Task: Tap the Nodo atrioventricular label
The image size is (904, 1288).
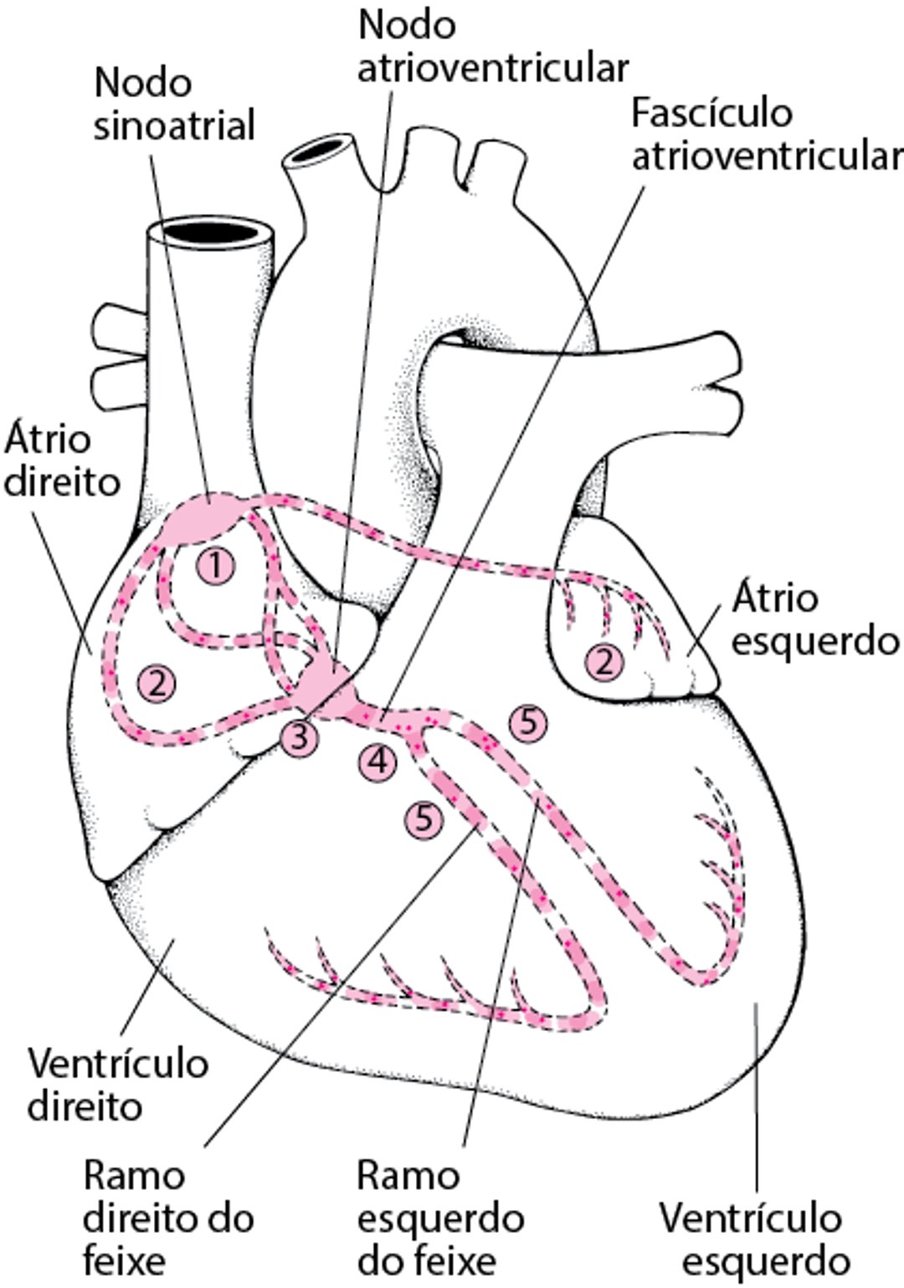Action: [492, 46]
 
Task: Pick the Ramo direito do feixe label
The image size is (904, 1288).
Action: [167, 1218]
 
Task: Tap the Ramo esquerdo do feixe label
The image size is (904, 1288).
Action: [439, 1218]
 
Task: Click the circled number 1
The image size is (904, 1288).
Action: [216, 567]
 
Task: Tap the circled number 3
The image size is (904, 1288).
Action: [299, 738]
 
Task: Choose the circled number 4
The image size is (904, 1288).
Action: [378, 761]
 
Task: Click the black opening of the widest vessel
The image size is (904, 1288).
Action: [212, 231]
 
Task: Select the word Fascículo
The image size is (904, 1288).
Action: [711, 113]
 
